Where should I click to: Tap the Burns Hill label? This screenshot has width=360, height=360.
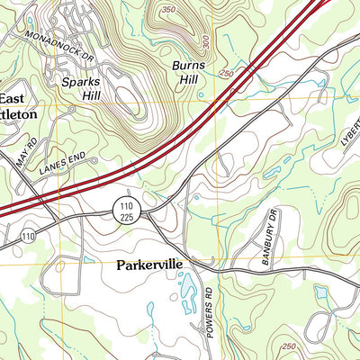(190, 72)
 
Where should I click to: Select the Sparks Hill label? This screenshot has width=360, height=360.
(82, 86)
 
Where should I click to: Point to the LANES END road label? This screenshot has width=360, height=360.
(62, 163)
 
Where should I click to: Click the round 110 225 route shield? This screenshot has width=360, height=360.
(125, 211)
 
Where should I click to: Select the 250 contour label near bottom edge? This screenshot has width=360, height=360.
(287, 346)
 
